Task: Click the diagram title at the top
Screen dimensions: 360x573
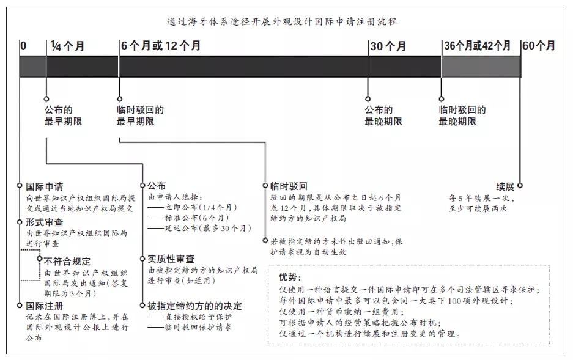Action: coord(282,21)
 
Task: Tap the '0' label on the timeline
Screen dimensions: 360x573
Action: coord(23,46)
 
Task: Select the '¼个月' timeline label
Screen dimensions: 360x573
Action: coord(66,46)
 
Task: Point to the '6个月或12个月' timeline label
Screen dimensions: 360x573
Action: coord(160,46)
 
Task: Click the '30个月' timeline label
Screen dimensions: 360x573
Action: coord(388,46)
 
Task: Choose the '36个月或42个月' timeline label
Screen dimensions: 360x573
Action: coord(477,46)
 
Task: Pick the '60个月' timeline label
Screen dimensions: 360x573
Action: coord(539,46)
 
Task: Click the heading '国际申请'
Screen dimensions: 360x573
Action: coord(44,186)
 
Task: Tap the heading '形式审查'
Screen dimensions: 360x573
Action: coord(44,222)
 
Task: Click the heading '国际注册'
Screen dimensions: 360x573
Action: coord(44,305)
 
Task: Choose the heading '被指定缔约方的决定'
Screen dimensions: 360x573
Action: coord(194,305)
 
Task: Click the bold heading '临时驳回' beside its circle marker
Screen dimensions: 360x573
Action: coord(288,186)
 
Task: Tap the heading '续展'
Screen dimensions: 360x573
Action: coord(505,186)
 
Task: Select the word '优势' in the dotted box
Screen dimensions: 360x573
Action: coord(291,276)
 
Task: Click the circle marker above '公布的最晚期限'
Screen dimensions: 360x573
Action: coord(368,98)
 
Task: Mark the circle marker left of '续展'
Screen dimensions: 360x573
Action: coord(519,185)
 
